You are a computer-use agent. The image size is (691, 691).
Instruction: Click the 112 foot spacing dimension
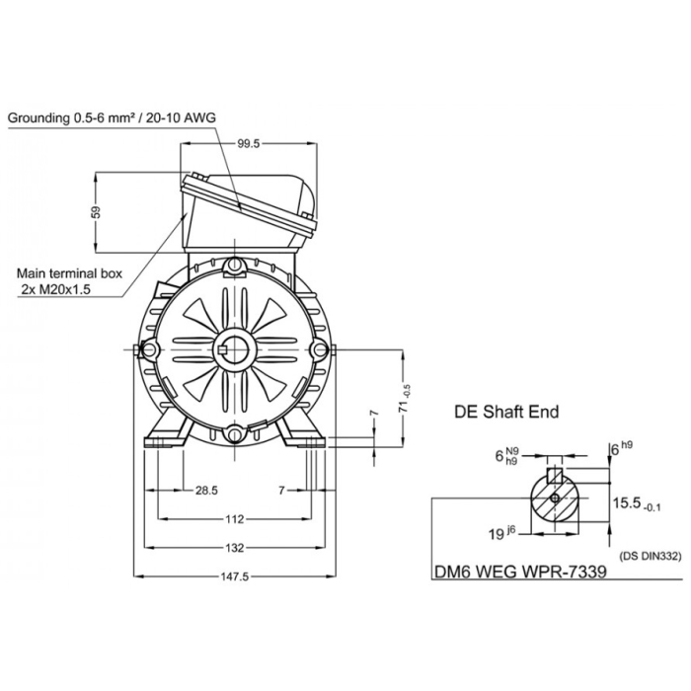click(233, 518)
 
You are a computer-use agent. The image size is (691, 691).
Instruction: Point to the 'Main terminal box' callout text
click(70, 273)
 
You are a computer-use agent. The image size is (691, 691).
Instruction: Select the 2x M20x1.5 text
click(63, 289)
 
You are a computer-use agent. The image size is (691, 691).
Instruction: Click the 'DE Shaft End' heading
click(505, 412)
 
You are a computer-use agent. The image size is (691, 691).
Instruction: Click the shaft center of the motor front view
click(235, 349)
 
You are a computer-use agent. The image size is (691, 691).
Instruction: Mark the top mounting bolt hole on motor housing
click(234, 267)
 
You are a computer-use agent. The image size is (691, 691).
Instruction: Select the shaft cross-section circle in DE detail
click(556, 498)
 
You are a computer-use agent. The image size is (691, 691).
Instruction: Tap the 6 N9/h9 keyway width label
click(505, 456)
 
